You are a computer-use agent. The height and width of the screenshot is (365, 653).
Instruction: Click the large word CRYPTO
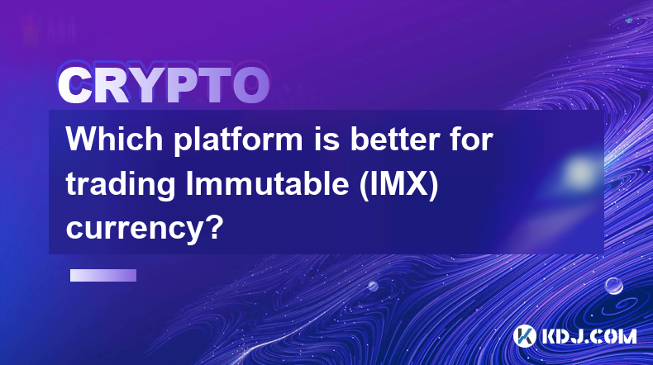click(x=164, y=85)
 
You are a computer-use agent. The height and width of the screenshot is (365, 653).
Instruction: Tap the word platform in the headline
click(x=238, y=140)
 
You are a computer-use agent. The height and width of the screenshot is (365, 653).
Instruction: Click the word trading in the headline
click(x=121, y=186)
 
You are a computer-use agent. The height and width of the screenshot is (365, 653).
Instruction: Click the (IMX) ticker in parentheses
click(x=399, y=185)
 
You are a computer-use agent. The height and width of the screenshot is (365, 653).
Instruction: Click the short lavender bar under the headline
click(x=102, y=275)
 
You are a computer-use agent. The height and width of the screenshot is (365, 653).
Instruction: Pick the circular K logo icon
click(x=525, y=336)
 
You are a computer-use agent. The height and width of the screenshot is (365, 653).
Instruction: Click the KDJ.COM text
click(x=589, y=336)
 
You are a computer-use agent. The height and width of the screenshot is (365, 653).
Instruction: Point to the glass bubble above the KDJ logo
click(x=614, y=286)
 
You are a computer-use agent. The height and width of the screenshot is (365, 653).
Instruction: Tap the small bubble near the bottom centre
click(x=373, y=286)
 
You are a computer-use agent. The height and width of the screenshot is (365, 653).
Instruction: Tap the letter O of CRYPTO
click(x=251, y=85)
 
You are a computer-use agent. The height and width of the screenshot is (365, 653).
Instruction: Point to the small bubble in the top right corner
click(x=629, y=20)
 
